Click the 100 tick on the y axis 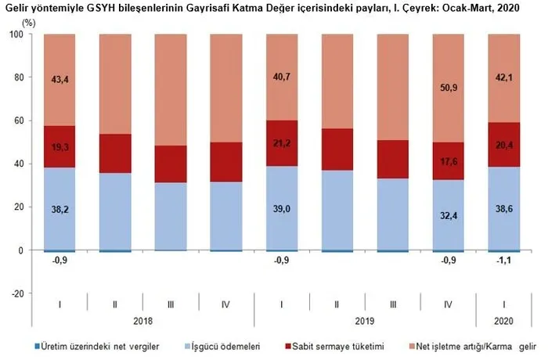[x=15, y=34]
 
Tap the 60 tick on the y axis [x=17, y=121]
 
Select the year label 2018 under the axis [x=143, y=320]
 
